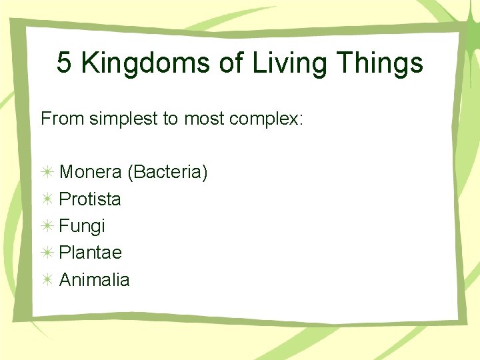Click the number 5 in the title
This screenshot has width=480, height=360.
click(x=65, y=63)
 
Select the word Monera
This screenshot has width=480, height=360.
click(x=91, y=173)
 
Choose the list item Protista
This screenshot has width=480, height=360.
click(x=90, y=199)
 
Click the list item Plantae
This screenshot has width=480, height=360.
click(x=90, y=253)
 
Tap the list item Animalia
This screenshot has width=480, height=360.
click(x=94, y=279)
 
